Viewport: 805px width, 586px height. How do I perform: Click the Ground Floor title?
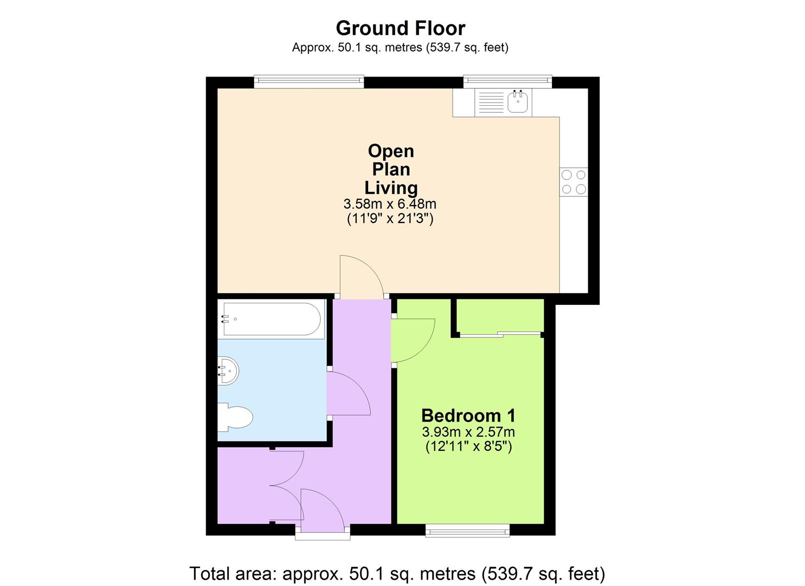400,28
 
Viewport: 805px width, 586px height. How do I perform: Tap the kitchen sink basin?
518,102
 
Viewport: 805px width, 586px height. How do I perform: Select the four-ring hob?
574,182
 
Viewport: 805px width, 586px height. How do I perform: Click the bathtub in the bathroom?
271,319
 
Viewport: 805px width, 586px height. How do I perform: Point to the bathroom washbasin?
228,371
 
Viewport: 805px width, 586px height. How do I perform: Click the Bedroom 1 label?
468,416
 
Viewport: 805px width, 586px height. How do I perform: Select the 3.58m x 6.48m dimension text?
390,204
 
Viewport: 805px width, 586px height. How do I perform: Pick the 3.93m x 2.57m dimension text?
468,432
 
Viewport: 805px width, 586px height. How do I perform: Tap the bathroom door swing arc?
349,394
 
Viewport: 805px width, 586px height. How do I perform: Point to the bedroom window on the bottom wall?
467,530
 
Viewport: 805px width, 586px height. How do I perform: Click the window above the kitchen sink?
507,81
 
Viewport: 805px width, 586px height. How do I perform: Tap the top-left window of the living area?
308,81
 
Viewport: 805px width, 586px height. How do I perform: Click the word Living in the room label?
391,188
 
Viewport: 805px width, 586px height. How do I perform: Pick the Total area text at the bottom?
397,573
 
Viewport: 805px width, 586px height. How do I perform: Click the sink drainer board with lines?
491,103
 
